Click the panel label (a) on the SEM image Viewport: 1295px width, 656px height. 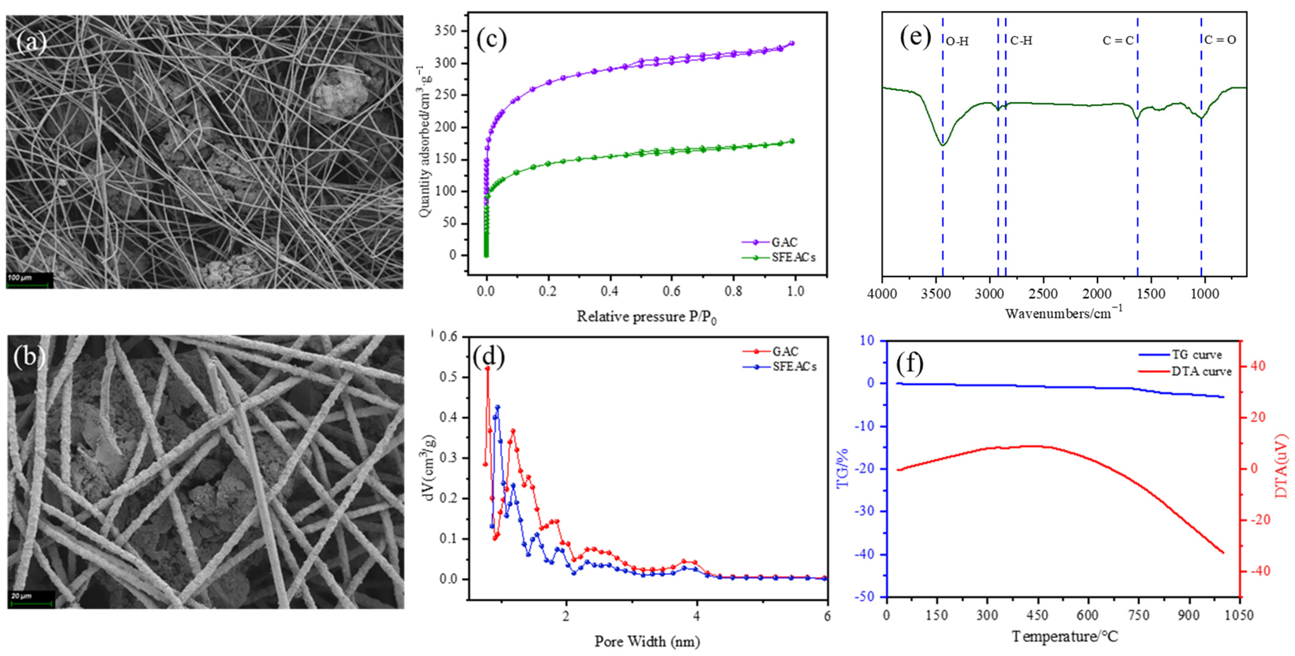click(x=31, y=42)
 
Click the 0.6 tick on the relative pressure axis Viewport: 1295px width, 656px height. click(x=672, y=291)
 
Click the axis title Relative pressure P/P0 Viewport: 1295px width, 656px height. click(x=646, y=317)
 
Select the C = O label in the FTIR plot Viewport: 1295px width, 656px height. click(x=1220, y=40)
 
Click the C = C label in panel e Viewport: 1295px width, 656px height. click(x=1118, y=41)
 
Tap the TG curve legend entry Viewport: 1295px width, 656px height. click(x=1197, y=355)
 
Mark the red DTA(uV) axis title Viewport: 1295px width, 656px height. click(x=1281, y=466)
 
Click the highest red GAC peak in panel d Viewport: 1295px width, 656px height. click(x=487, y=369)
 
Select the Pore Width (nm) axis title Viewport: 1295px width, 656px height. click(x=647, y=641)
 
